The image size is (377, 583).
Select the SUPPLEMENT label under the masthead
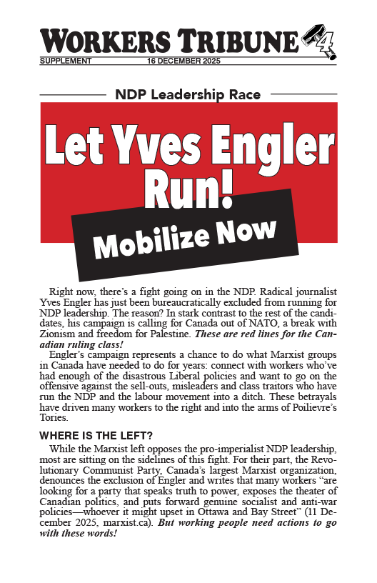click(x=66, y=61)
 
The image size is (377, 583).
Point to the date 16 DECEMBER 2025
click(x=183, y=61)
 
